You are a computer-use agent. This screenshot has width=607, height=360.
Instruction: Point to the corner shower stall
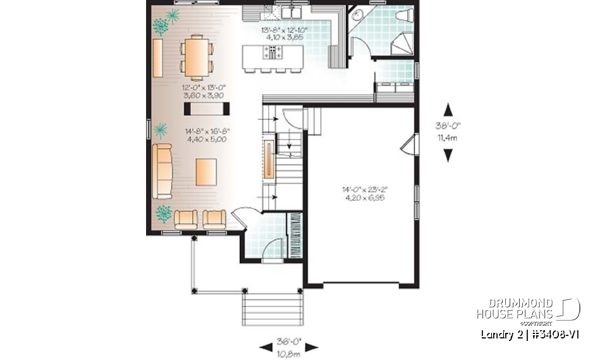402,45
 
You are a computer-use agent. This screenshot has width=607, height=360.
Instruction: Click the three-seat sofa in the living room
162,171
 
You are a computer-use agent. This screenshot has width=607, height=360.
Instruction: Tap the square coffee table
205,171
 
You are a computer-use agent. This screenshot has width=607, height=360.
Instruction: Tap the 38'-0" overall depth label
448,125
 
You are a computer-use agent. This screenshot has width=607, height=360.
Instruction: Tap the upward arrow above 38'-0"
448,109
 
